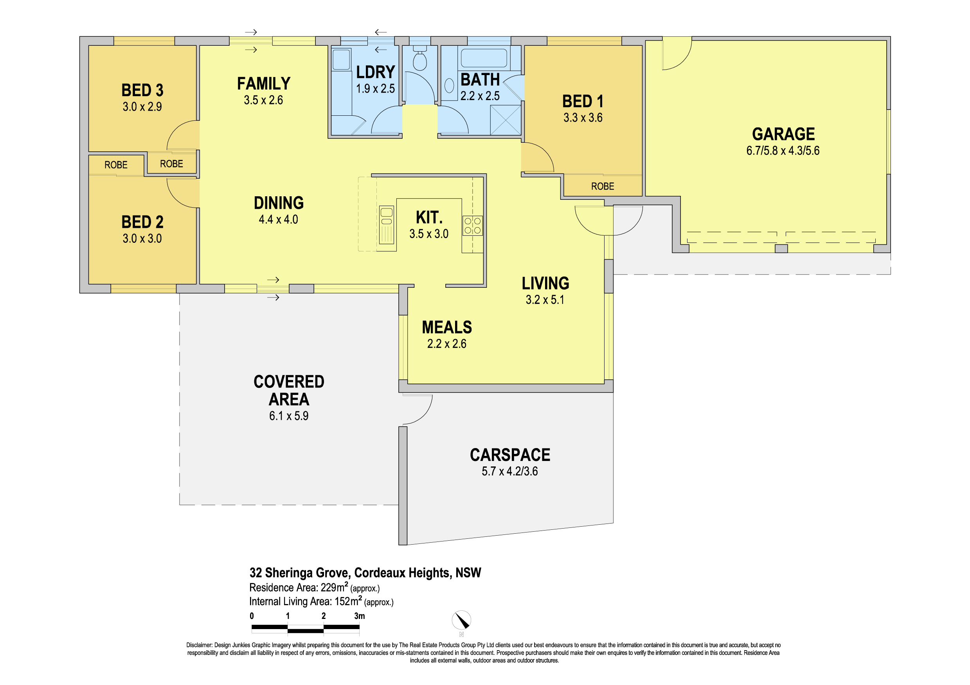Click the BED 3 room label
pyautogui.click(x=142, y=90)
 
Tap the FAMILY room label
pyautogui.click(x=264, y=84)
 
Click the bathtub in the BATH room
pyautogui.click(x=484, y=58)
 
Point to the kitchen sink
pyautogui.click(x=387, y=225)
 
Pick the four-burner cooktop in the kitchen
pyautogui.click(x=472, y=225)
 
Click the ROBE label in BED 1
pyautogui.click(x=603, y=186)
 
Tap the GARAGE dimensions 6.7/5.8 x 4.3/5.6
pyautogui.click(x=783, y=151)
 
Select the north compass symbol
pyautogui.click(x=461, y=621)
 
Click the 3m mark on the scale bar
pyautogui.click(x=360, y=616)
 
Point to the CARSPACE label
pyautogui.click(x=510, y=455)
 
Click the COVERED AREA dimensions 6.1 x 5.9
pyautogui.click(x=289, y=416)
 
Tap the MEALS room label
pyautogui.click(x=447, y=328)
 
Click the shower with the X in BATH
pyautogui.click(x=505, y=120)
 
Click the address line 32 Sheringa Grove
pyautogui.click(x=365, y=573)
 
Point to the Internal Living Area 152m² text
pyautogui.click(x=321, y=601)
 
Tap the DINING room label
pyautogui.click(x=279, y=203)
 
